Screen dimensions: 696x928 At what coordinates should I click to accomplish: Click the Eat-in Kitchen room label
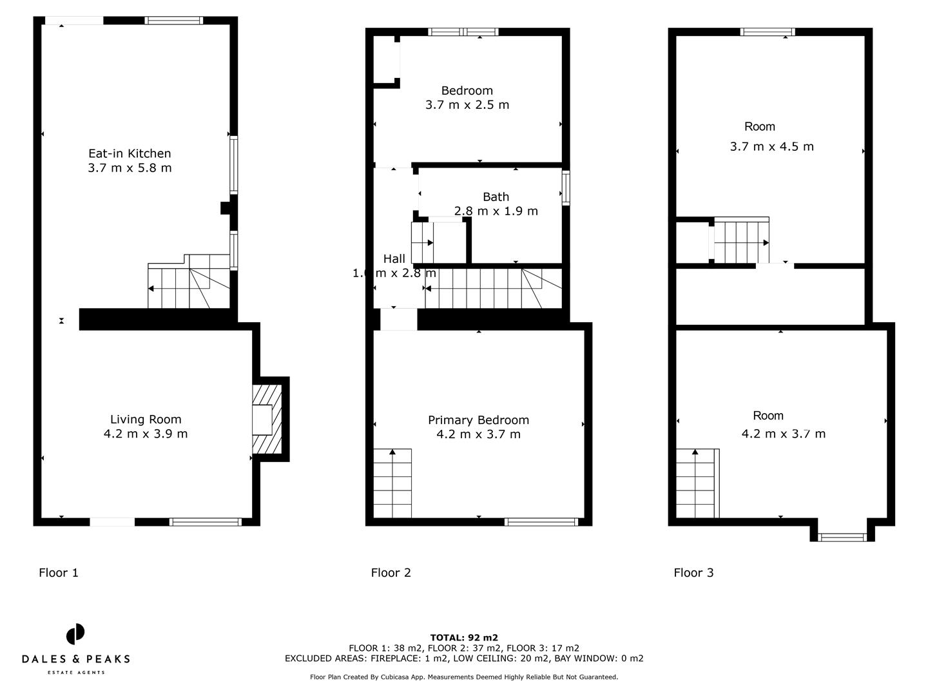tap(130, 153)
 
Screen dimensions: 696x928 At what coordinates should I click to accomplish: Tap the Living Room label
tap(146, 420)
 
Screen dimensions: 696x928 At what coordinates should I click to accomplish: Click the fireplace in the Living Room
tap(266, 420)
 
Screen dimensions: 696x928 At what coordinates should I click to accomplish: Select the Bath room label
tap(496, 197)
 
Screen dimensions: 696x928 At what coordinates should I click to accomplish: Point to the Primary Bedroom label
tap(478, 420)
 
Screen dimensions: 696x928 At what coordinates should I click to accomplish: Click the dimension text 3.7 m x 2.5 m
tap(467, 105)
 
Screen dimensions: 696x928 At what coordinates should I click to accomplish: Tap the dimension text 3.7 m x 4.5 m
tap(771, 147)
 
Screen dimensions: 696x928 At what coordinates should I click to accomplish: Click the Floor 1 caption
tap(59, 572)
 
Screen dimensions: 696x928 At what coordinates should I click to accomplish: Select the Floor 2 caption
tap(391, 572)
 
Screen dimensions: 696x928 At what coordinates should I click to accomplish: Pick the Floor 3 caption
tap(693, 572)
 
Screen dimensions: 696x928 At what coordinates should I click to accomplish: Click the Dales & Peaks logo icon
tap(75, 634)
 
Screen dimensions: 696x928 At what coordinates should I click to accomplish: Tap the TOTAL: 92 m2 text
tap(464, 638)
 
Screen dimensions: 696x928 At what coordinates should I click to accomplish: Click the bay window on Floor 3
tap(842, 537)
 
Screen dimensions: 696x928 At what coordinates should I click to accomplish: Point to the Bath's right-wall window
tap(566, 188)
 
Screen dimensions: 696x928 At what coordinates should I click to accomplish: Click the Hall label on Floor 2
tap(394, 259)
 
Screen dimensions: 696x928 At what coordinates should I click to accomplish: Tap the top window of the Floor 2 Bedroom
tap(463, 32)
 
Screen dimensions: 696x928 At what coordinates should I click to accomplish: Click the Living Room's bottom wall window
tap(205, 522)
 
